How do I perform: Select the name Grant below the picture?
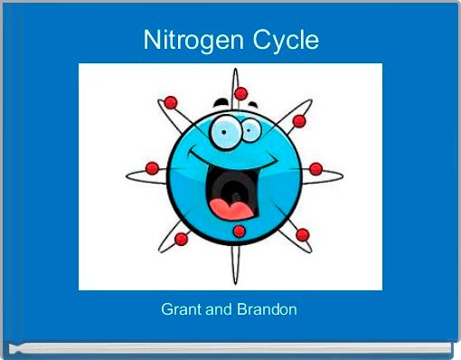click(178, 309)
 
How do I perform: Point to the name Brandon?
click(268, 309)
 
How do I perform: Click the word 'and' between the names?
click(219, 309)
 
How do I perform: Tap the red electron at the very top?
click(240, 93)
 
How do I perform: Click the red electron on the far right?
click(315, 168)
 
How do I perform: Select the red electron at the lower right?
click(302, 234)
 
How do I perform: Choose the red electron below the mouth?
click(239, 232)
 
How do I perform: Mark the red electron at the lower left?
click(181, 239)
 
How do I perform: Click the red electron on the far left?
click(152, 168)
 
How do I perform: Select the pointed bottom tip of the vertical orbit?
click(236, 278)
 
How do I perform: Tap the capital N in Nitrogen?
click(152, 41)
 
